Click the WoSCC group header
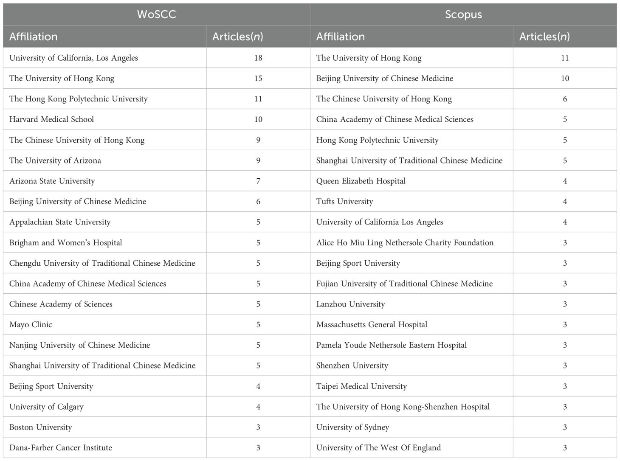point(156,14)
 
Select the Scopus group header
point(463,14)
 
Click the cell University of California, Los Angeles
point(73,58)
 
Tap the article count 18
point(258,58)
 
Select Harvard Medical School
point(51,119)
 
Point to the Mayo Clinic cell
point(31,325)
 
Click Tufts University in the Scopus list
point(344,202)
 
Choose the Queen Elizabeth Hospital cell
point(361,181)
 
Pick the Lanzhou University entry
point(350,304)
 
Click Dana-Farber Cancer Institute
point(61,448)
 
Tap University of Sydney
point(352,427)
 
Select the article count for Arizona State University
point(258,181)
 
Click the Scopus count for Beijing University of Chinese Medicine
point(565,79)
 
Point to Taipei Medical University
point(361,386)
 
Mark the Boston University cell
point(40,427)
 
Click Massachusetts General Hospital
point(372,325)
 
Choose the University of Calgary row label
point(46,407)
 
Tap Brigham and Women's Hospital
point(65,243)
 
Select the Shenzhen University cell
point(352,365)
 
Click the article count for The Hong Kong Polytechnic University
point(258,99)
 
